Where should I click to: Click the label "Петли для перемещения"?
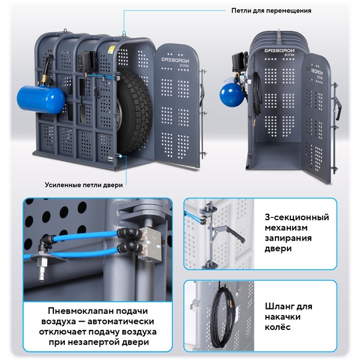click(271, 11)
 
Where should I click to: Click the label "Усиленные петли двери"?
click(84, 185)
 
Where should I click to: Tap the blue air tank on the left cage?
click(41, 100)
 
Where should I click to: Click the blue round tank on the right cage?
click(232, 93)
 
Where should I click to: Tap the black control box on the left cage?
click(86, 61)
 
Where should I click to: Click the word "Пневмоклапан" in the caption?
click(78, 311)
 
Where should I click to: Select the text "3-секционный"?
click(297, 217)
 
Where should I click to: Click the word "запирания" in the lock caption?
click(288, 238)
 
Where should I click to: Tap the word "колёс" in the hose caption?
click(278, 327)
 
